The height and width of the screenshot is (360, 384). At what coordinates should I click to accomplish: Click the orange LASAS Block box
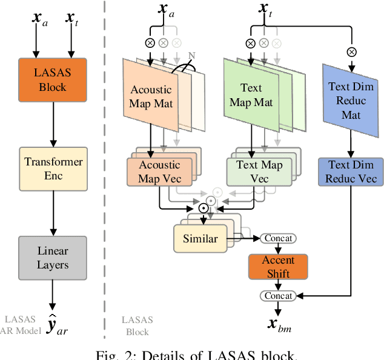click(53, 79)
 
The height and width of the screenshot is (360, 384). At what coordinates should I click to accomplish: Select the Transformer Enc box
click(53, 168)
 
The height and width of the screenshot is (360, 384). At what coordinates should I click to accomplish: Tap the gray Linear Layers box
click(53, 258)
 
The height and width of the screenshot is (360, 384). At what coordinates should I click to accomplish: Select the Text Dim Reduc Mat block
click(352, 101)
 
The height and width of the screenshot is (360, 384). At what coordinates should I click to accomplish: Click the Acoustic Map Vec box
click(159, 172)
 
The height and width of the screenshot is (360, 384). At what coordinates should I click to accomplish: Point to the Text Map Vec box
click(255, 172)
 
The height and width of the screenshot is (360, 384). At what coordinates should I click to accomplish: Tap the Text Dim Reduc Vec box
click(351, 172)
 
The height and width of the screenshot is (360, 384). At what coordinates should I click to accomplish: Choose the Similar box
click(199, 238)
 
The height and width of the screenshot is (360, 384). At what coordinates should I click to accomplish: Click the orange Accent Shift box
click(278, 267)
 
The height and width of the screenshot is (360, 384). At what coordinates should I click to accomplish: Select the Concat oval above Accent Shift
click(278, 238)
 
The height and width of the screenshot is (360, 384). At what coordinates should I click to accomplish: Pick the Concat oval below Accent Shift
click(278, 296)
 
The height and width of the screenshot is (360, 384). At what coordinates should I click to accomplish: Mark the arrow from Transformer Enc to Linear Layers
click(53, 211)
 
